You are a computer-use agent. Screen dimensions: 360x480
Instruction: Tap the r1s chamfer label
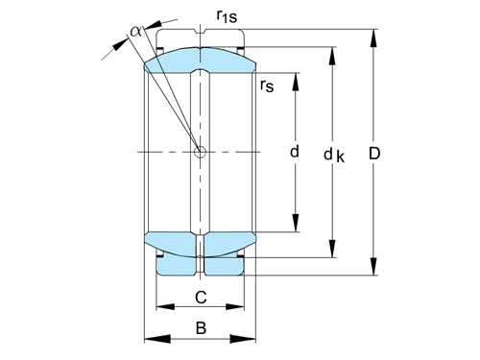[x=228, y=16]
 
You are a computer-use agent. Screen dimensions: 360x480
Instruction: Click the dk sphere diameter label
[x=333, y=155]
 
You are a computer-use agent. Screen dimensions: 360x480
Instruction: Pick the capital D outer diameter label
[x=375, y=154]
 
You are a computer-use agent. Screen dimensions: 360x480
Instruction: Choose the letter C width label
[x=201, y=297]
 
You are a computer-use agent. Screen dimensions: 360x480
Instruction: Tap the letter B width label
[x=201, y=328]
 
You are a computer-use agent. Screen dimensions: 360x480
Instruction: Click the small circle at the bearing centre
[x=201, y=152]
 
